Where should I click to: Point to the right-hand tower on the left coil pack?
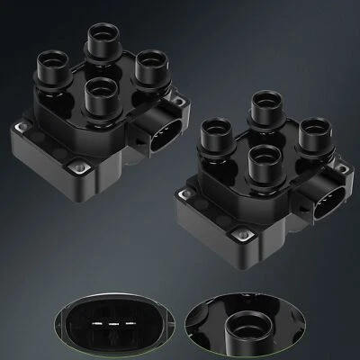tap(150, 67)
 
